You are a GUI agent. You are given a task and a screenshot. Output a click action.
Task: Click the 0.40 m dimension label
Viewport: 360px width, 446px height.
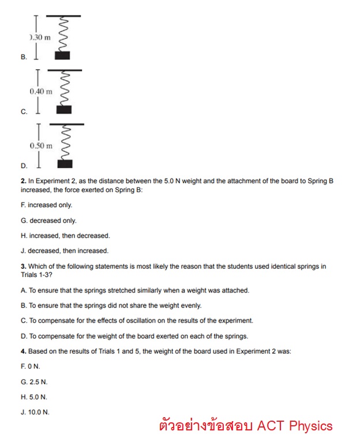(40, 92)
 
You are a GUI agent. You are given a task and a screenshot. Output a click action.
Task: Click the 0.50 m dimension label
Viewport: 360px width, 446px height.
(40, 146)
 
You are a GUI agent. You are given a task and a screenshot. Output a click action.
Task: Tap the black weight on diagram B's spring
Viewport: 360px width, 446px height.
(62, 55)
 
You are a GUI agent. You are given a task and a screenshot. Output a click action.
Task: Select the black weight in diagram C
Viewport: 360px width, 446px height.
(64, 110)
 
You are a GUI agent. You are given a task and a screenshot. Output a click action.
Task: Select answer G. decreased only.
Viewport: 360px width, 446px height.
(48, 220)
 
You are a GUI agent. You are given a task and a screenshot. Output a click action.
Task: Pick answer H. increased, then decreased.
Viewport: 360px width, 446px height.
(65, 235)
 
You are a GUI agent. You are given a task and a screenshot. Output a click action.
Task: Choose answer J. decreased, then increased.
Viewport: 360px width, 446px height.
(64, 250)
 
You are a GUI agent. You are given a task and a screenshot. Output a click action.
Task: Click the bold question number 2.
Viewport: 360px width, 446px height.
(23, 181)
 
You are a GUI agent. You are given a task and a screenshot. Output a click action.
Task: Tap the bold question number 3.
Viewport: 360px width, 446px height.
(23, 266)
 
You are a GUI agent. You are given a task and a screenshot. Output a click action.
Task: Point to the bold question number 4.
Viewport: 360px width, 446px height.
(23, 351)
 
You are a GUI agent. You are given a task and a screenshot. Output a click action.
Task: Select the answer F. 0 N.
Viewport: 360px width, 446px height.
(30, 366)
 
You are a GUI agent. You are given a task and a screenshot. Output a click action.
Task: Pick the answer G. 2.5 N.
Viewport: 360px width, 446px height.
(34, 382)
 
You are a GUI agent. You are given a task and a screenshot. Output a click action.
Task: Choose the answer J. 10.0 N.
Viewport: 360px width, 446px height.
(35, 412)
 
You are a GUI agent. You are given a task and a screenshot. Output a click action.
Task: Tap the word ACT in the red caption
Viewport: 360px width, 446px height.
(271, 426)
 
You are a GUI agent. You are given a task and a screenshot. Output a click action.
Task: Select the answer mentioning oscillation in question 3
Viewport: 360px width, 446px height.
(137, 320)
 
